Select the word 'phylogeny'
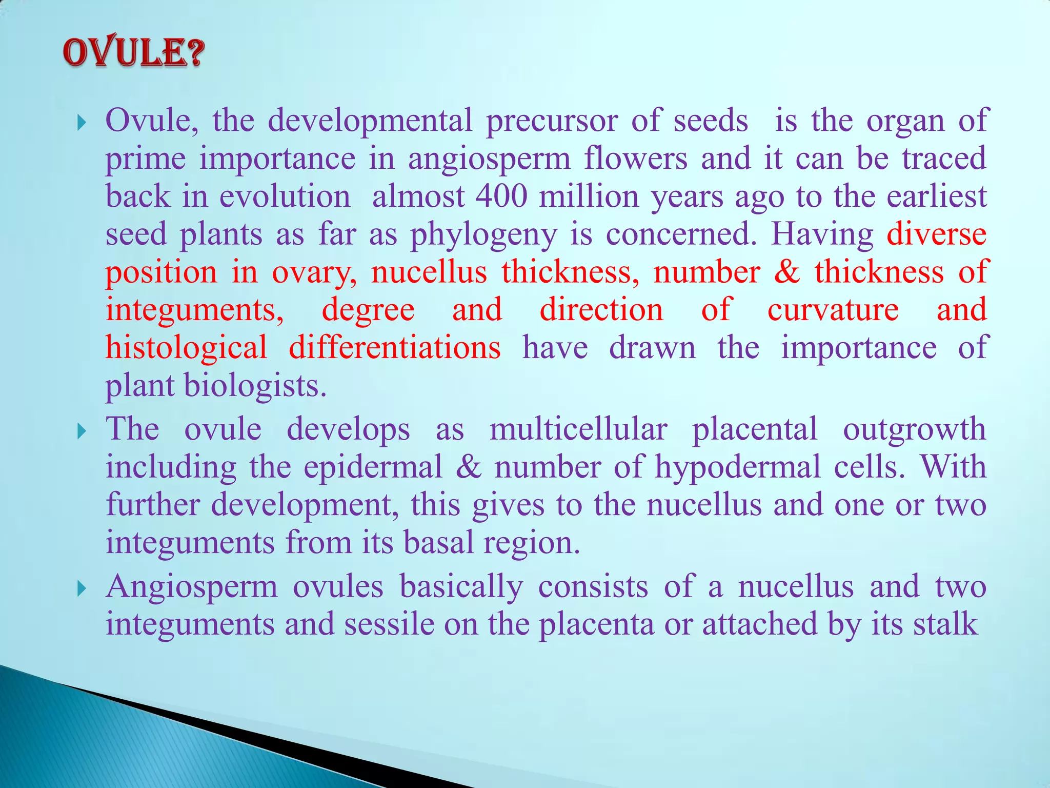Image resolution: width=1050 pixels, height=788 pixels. [483, 235]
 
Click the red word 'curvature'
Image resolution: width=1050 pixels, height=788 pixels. [833, 310]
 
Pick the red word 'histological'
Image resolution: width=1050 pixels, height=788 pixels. [186, 348]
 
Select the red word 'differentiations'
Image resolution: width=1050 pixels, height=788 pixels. [394, 348]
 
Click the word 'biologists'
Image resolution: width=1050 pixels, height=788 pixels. [255, 386]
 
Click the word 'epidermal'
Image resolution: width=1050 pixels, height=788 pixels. [373, 467]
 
